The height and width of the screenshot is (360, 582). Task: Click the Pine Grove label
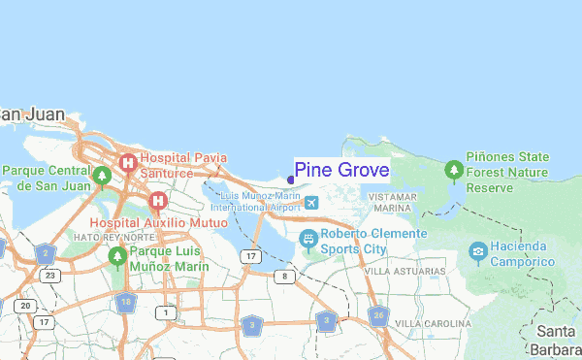tap(341, 171)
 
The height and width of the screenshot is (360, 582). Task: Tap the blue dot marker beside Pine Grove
tap(290, 180)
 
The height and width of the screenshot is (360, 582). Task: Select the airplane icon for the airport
tap(310, 202)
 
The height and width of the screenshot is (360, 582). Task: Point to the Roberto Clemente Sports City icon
tap(308, 239)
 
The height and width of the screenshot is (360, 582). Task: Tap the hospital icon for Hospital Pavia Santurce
tap(126, 164)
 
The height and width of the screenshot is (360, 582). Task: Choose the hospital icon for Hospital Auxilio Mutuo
tap(157, 202)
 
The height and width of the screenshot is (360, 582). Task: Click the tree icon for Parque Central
tap(102, 177)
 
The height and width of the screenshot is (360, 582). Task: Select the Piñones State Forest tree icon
tap(452, 172)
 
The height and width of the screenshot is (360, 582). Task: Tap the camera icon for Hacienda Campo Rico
tap(477, 254)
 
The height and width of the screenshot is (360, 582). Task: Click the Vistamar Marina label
tap(395, 202)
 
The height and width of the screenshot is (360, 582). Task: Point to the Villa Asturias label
tap(397, 271)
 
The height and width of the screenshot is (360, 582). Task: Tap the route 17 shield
tap(251, 256)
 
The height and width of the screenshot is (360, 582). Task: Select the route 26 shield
tap(378, 315)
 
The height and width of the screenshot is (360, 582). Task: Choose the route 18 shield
tap(125, 303)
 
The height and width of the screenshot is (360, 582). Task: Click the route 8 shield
tap(284, 277)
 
